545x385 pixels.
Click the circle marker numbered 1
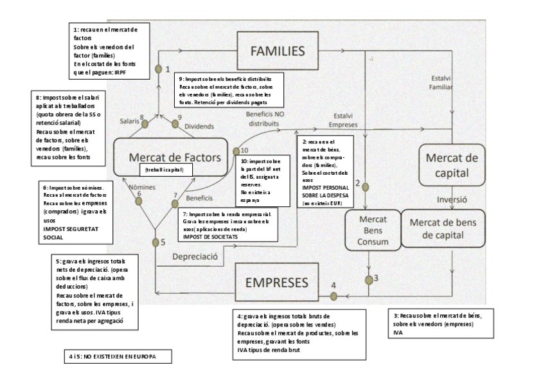pos(157,68)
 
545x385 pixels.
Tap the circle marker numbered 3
pos(369,280)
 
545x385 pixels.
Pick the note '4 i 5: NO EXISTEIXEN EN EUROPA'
pos(117,354)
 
